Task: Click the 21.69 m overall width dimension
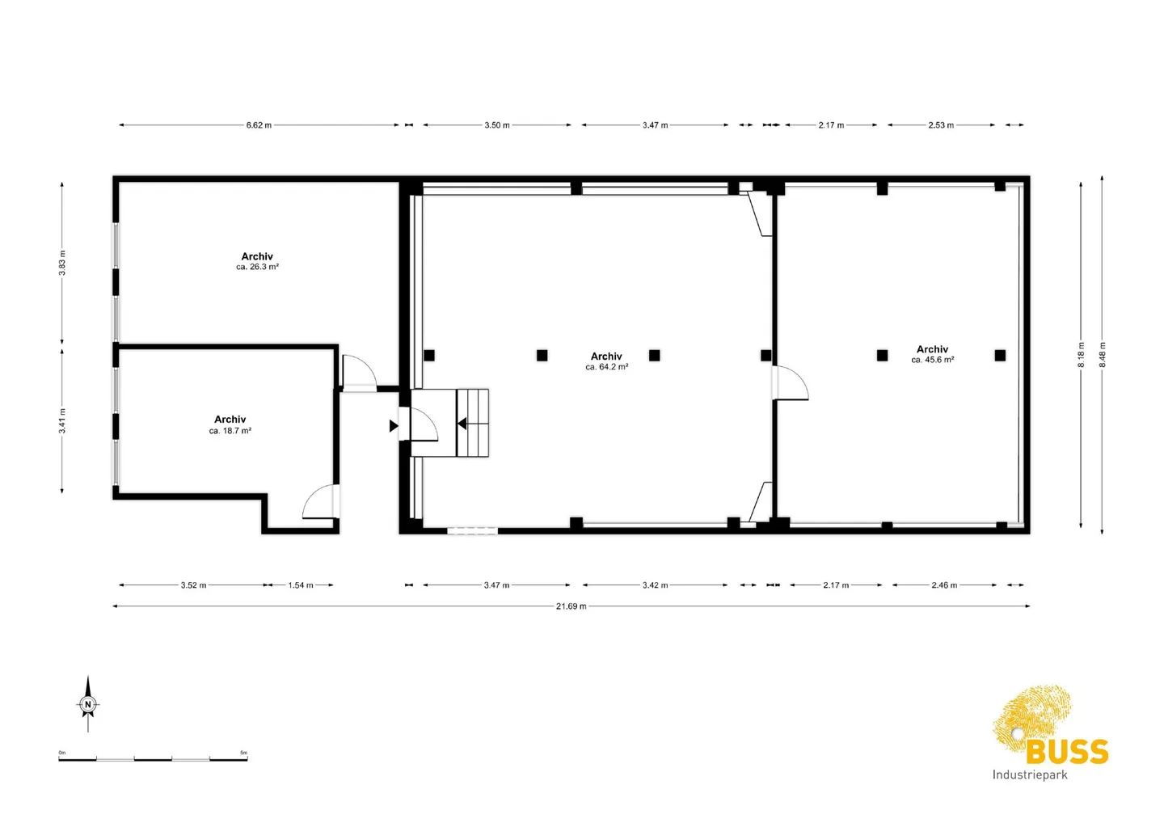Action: (x=571, y=606)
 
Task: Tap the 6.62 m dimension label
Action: (x=259, y=125)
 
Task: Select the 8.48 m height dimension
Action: (x=1102, y=355)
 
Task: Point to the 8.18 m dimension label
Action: (x=1081, y=355)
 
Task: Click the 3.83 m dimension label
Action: (x=62, y=263)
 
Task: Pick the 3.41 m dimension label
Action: (x=62, y=420)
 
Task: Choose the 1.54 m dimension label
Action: (x=301, y=585)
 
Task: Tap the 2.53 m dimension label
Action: (x=941, y=125)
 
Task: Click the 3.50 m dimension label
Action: (x=497, y=125)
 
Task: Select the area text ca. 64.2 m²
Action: (x=606, y=367)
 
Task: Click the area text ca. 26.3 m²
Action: (x=257, y=267)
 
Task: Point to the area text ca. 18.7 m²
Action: (x=230, y=431)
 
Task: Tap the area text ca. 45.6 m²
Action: (x=932, y=360)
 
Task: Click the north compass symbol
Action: (x=88, y=704)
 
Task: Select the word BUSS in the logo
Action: (x=1067, y=752)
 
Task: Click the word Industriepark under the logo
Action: (x=1030, y=774)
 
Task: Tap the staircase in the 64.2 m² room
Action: (x=472, y=423)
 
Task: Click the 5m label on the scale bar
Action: (x=243, y=753)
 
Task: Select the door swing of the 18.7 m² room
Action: (x=320, y=502)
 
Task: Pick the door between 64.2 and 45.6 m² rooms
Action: (x=791, y=383)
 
